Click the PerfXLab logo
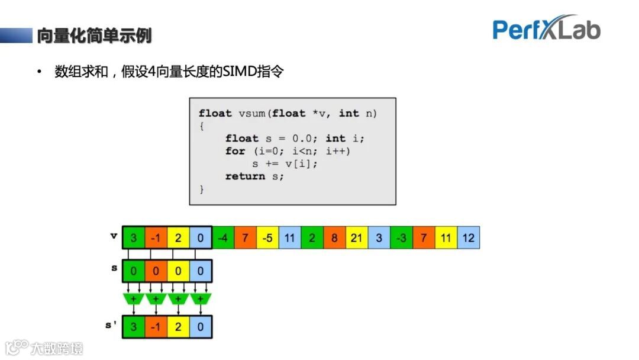(546, 28)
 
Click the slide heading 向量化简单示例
(94, 36)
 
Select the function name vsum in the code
(252, 113)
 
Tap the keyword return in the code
(245, 176)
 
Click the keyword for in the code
(235, 151)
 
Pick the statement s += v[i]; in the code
(285, 163)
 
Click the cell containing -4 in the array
(223, 237)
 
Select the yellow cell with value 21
(357, 237)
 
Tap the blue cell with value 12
(469, 237)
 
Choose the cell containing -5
(267, 237)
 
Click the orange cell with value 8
(334, 237)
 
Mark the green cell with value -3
(402, 237)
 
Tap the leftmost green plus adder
(134, 299)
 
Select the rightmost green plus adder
(201, 299)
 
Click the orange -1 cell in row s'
(156, 327)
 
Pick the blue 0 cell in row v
(201, 237)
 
